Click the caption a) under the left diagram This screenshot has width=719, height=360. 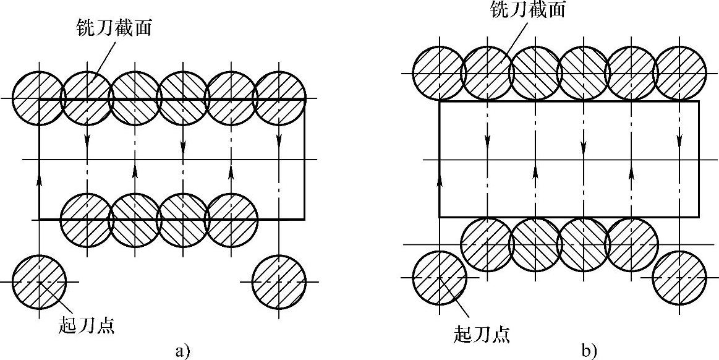pyautogui.click(x=181, y=351)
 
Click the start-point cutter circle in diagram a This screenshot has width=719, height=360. pyautogui.click(x=39, y=282)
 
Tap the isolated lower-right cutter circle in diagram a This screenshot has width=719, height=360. pyautogui.click(x=279, y=282)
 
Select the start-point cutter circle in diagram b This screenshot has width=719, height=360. pyautogui.click(x=439, y=277)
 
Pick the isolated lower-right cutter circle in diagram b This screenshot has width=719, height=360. pyautogui.click(x=679, y=277)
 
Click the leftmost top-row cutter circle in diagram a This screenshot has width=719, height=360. pyautogui.click(x=39, y=99)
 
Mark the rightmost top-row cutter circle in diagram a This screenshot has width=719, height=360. pyautogui.click(x=279, y=99)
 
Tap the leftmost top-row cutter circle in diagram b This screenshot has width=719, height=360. pyautogui.click(x=438, y=73)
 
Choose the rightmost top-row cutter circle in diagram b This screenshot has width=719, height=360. pyautogui.click(x=679, y=73)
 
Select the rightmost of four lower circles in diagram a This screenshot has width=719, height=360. pyautogui.click(x=231, y=219)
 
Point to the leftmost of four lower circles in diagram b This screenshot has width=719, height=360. pyautogui.click(x=487, y=245)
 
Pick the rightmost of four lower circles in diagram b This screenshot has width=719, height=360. pyautogui.click(x=631, y=245)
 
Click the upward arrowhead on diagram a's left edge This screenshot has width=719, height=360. pyautogui.click(x=39, y=179)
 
